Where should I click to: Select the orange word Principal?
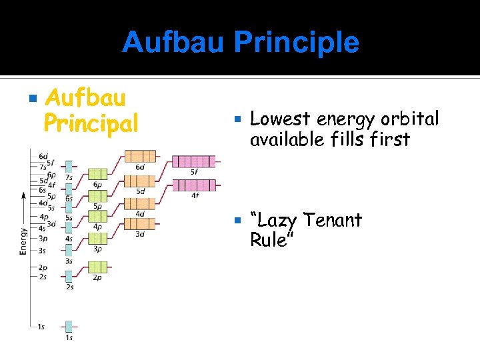pyautogui.click(x=91, y=123)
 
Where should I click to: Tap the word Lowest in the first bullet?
pyautogui.click(x=279, y=119)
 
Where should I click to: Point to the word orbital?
pyautogui.click(x=411, y=119)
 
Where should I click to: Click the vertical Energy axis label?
pyautogui.click(x=24, y=241)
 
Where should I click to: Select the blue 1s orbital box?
pyautogui.click(x=69, y=327)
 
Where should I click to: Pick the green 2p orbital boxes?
pyautogui.click(x=97, y=268)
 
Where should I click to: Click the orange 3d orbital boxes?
pyautogui.click(x=140, y=224)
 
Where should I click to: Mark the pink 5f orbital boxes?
pyautogui.click(x=194, y=161)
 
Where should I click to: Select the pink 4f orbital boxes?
pyautogui.click(x=194, y=185)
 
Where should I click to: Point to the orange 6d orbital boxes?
pyautogui.click(x=140, y=157)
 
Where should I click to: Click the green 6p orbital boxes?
pyautogui.click(x=97, y=174)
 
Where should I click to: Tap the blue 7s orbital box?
pyautogui.click(x=69, y=167)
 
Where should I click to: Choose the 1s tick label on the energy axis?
pyautogui.click(x=41, y=327)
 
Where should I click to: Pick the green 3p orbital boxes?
pyautogui.click(x=97, y=239)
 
